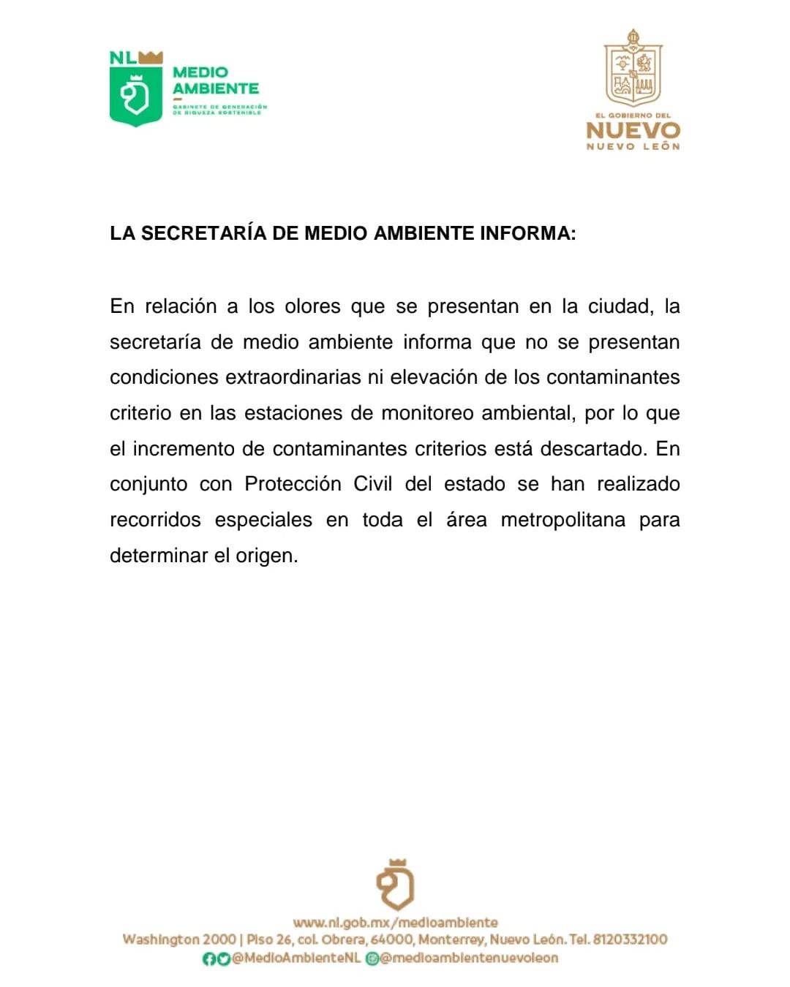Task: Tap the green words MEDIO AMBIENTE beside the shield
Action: click(x=215, y=80)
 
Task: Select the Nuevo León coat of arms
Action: click(x=633, y=69)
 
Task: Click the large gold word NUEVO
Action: click(x=633, y=131)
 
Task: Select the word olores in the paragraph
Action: click(x=312, y=306)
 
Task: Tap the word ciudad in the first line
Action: click(x=619, y=306)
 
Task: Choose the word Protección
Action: click(x=293, y=484)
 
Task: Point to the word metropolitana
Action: click(x=563, y=520)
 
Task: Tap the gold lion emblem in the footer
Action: click(x=395, y=885)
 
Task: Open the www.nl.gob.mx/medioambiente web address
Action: click(x=395, y=923)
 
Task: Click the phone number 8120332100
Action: click(x=630, y=939)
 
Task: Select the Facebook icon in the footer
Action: click(x=209, y=958)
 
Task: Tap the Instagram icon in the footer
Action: click(x=372, y=958)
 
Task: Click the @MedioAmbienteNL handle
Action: click(x=296, y=958)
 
